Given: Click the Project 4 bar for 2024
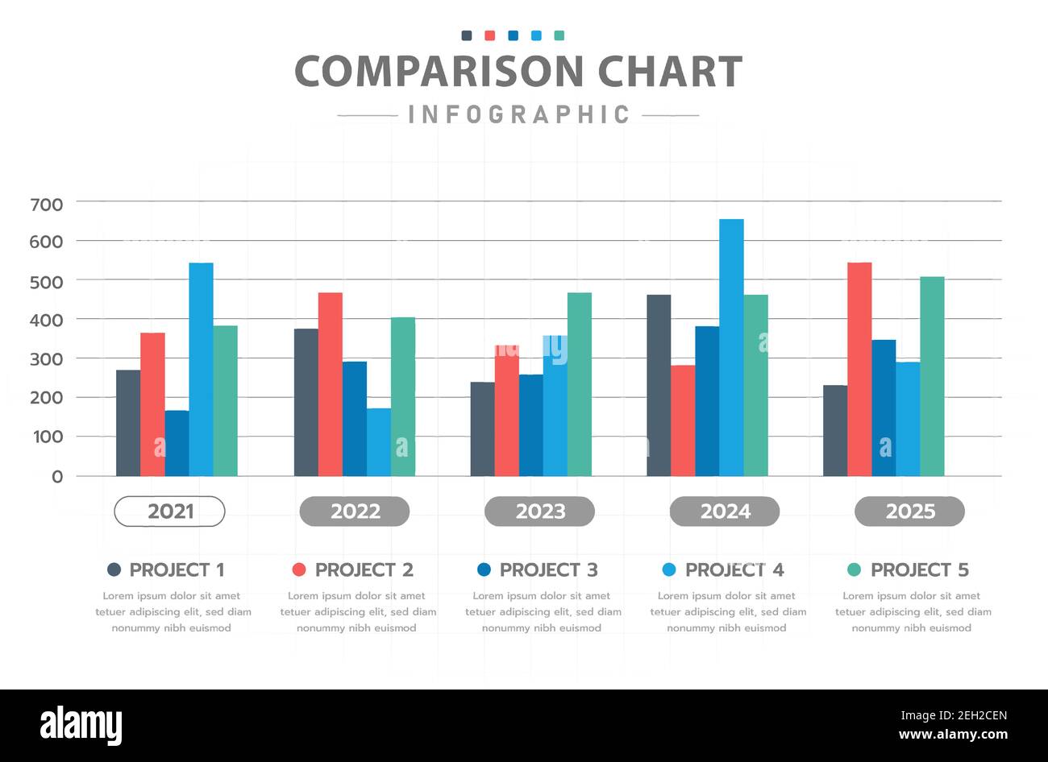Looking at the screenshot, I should pyautogui.click(x=731, y=346).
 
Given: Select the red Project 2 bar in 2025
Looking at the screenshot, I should pyautogui.click(x=859, y=369).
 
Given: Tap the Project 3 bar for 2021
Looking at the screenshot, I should pyautogui.click(x=177, y=443).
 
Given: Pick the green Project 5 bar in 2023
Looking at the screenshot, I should pyautogui.click(x=579, y=384).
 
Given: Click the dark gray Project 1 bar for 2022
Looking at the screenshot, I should pyautogui.click(x=306, y=402).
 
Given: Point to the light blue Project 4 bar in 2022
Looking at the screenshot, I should pyautogui.click(x=378, y=441).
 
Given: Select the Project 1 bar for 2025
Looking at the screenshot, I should pyautogui.click(x=835, y=430).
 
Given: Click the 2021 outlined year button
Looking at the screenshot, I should pyautogui.click(x=169, y=511).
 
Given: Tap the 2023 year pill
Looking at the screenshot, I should pyautogui.click(x=539, y=511).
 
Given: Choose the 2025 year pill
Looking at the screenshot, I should pyautogui.click(x=909, y=511).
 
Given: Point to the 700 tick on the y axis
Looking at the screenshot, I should pyautogui.click(x=46, y=205).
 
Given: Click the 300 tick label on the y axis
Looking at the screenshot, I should pyautogui.click(x=46, y=359).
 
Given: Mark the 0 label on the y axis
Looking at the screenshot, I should pyautogui.click(x=57, y=477).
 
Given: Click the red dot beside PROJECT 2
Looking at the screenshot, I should pyautogui.click(x=299, y=569).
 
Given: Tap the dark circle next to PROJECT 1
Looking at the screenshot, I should pyautogui.click(x=114, y=569).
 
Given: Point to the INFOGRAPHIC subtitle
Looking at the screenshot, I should pyautogui.click(x=518, y=114).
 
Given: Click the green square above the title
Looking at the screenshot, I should pyautogui.click(x=559, y=35).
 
